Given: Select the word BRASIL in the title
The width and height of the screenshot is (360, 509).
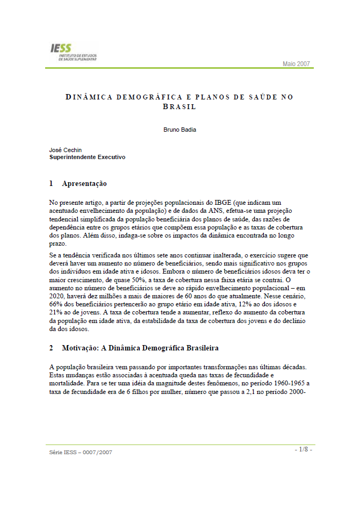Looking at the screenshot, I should coord(179,106).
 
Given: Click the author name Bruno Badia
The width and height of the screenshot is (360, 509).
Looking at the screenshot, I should coord(179,130).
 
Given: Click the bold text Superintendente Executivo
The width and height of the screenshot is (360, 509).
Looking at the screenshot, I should coord(87,157).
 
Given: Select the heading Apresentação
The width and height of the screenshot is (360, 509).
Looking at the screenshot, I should coord(84,184).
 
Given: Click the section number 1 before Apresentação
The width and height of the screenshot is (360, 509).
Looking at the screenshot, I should coord(51,184).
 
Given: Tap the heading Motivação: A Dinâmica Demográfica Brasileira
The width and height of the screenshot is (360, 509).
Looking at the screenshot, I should coord(140,348).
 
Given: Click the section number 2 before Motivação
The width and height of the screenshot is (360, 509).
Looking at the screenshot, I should coord(51,348).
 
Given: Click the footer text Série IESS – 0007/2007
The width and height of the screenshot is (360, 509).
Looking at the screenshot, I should coord(81,452).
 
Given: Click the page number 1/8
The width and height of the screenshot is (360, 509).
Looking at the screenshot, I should coord(303,449).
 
